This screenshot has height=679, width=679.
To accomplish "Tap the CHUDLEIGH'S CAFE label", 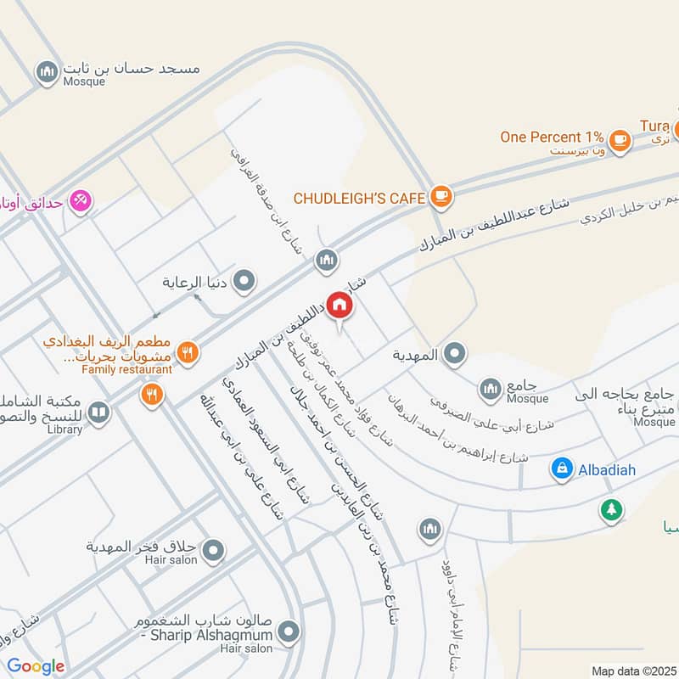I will pos(359,198).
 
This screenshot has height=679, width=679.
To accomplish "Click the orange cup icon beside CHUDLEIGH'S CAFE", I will pos(441,197).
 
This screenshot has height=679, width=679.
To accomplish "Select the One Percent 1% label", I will pos(552,137).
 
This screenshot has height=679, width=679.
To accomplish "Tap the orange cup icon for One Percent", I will pos(620,139).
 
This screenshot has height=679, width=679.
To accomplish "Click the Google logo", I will pos(36,666).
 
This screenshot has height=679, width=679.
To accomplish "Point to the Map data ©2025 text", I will pos(631,671).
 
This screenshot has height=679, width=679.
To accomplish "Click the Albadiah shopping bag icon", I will pos(561,469).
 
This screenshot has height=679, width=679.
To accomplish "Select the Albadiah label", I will pos(606,469).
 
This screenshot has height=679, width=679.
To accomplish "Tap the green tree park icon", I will pos(610,510).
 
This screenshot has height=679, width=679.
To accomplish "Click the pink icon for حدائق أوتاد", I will pos(81,201).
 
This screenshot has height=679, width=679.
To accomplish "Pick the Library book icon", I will pos(99,412).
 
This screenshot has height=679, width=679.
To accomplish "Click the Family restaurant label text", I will pos(126,369).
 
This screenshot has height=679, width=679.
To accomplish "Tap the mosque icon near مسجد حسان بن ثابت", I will pos(47,72).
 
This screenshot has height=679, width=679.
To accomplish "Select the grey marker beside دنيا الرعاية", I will pos(244,280).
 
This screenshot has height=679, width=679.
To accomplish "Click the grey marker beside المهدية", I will pos(455,354).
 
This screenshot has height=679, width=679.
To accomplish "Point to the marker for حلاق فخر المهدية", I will pos(214,550).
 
